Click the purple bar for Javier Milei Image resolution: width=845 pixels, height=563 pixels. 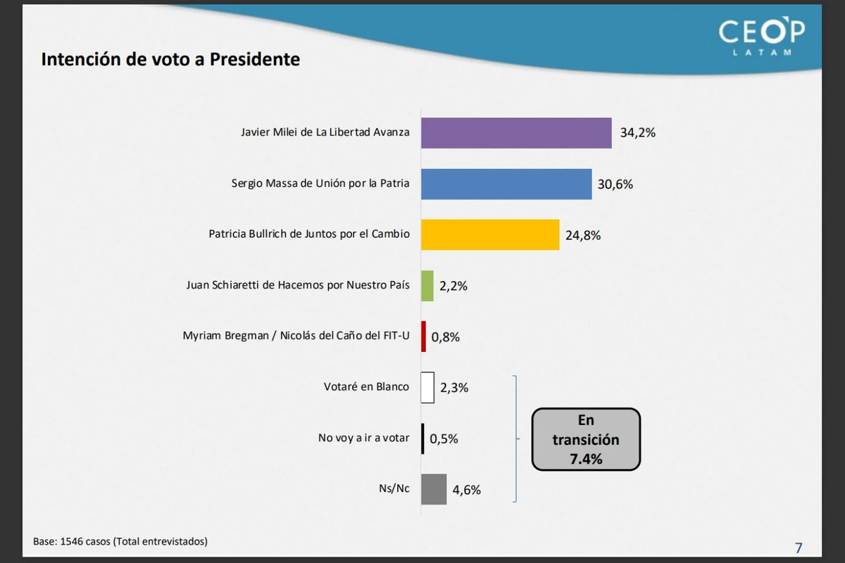coord(516,133)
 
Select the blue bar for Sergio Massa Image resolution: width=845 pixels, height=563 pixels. coord(506,184)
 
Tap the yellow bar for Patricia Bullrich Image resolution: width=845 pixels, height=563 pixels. coord(490,234)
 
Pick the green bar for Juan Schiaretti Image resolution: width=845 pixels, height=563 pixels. coord(427,286)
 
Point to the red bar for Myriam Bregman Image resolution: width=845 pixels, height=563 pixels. coord(424,336)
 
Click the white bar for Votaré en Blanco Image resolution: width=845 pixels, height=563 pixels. coord(427,387)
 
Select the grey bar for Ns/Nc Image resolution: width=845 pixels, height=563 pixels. coord(434,489)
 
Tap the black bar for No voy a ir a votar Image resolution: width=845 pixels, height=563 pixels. coord(423,438)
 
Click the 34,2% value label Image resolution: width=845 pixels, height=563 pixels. coord(637,132)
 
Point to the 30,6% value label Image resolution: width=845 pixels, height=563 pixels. coord(615,184)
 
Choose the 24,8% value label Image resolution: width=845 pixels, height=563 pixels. coord(583,235)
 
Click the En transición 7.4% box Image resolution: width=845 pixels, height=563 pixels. coord(586,440)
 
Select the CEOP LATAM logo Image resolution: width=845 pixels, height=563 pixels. coord(761,37)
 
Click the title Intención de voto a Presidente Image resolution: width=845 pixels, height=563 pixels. coord(170,59)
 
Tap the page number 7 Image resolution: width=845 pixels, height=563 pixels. coord(799,548)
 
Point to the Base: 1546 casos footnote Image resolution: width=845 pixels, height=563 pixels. coord(120,541)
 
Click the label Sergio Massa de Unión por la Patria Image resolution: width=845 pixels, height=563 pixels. coord(320,183)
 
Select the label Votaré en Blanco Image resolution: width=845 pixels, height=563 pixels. coord(366,386)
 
